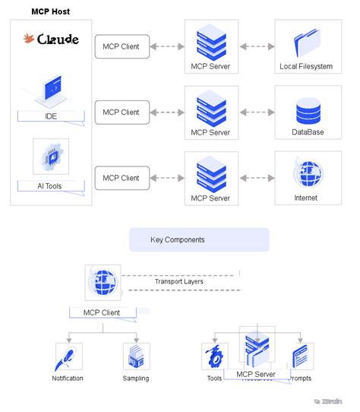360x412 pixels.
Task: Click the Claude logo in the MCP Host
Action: click(51, 39)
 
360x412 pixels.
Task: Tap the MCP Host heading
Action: click(55, 13)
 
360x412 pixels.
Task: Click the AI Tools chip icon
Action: click(51, 157)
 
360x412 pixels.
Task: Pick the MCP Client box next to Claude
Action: click(121, 46)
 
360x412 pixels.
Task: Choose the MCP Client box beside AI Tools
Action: click(121, 178)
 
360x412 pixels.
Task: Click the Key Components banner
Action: click(199, 239)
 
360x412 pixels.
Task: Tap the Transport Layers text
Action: click(178, 281)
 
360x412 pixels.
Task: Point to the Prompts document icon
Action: click(301, 356)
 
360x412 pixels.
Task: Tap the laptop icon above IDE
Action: click(51, 91)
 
